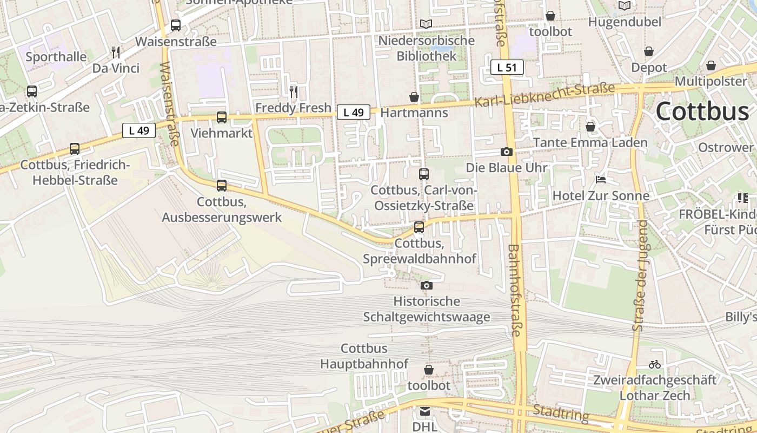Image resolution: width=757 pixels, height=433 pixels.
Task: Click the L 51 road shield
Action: point(507,67)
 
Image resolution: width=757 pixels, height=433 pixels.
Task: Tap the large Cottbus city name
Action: point(702,111)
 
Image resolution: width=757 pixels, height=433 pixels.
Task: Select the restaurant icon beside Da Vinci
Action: point(115,53)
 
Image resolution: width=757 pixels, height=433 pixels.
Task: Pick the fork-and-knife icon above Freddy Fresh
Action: point(293,91)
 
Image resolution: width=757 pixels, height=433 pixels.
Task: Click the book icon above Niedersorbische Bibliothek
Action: point(426,24)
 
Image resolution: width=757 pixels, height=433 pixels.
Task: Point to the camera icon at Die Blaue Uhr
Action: point(506,152)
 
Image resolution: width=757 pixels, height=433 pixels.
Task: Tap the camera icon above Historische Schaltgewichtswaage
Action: point(426,285)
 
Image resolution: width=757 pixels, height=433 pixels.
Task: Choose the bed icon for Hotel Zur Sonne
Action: point(600,180)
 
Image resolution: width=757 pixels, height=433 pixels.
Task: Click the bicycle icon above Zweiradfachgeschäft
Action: point(654,364)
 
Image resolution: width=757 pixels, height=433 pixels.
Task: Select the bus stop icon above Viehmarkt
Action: point(221,117)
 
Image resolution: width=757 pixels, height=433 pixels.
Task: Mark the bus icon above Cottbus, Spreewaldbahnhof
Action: point(419,227)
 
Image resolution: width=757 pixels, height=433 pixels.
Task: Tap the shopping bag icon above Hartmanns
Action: point(414,97)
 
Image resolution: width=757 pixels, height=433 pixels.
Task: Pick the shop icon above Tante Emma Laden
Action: point(590,127)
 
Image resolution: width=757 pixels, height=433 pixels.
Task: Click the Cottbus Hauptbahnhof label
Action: point(364,356)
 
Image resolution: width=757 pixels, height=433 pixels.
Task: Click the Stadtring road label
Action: point(561,413)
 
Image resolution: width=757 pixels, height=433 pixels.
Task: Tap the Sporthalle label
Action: point(56,57)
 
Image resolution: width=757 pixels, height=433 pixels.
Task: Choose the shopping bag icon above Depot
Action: point(649,52)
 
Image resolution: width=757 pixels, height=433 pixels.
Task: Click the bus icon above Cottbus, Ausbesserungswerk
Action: point(221,186)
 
